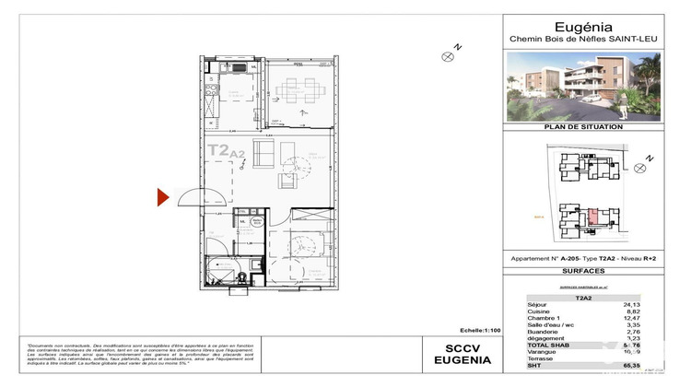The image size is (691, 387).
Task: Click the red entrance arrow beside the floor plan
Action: [x=162, y=196]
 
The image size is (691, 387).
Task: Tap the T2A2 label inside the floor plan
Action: [x=225, y=149]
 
